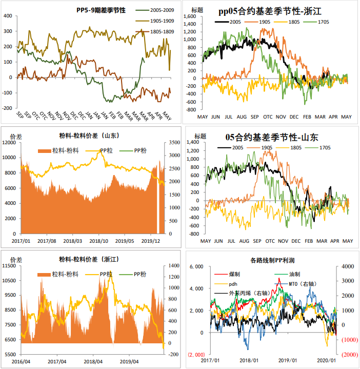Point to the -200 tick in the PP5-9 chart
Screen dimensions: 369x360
[8, 108]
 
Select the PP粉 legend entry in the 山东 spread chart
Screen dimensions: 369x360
[140, 150]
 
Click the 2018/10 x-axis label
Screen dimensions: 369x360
[98, 240]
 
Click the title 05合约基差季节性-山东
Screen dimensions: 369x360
[272, 137]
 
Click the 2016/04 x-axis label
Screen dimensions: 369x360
[21, 361]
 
